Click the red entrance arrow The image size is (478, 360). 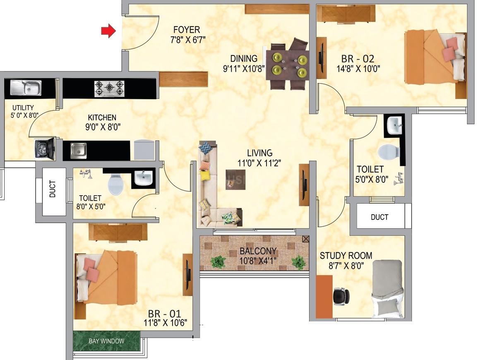point(109,31)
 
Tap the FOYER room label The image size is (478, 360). point(187,29)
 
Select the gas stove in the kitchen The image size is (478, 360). point(109,89)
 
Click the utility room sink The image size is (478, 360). point(26,88)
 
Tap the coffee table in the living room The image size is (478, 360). point(235,180)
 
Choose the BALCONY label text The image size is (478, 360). point(258,251)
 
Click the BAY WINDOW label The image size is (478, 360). point(106,341)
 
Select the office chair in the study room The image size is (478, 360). point(341,296)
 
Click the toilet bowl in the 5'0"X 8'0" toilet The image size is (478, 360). point(389,151)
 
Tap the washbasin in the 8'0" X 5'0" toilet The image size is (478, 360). point(144,178)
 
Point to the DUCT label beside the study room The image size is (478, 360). point(380,217)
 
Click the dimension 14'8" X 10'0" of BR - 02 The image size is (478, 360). point(358,69)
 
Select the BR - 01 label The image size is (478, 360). point(164,314)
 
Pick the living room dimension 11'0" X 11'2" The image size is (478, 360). point(259,163)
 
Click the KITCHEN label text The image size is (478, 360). point(102,118)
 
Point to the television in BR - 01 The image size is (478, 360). point(187,275)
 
